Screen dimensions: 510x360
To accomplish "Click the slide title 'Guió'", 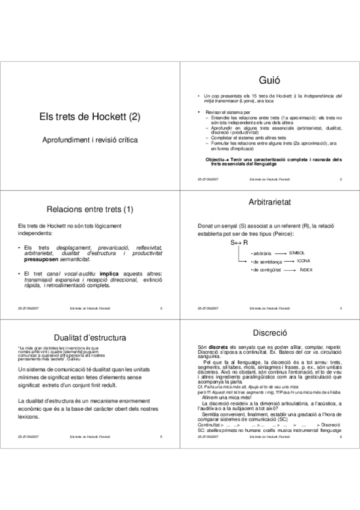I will [269, 79].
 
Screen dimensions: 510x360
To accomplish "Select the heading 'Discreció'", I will [269, 333].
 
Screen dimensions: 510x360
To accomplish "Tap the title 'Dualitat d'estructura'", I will [90, 339].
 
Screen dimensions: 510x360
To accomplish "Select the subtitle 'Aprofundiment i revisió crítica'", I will [90, 139].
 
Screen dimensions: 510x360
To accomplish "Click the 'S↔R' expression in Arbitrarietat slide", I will [240, 242].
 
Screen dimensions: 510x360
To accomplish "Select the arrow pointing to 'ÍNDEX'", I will [288, 271].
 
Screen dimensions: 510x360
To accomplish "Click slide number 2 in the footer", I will [340, 180].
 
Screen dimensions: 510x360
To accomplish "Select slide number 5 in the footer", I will [161, 436].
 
